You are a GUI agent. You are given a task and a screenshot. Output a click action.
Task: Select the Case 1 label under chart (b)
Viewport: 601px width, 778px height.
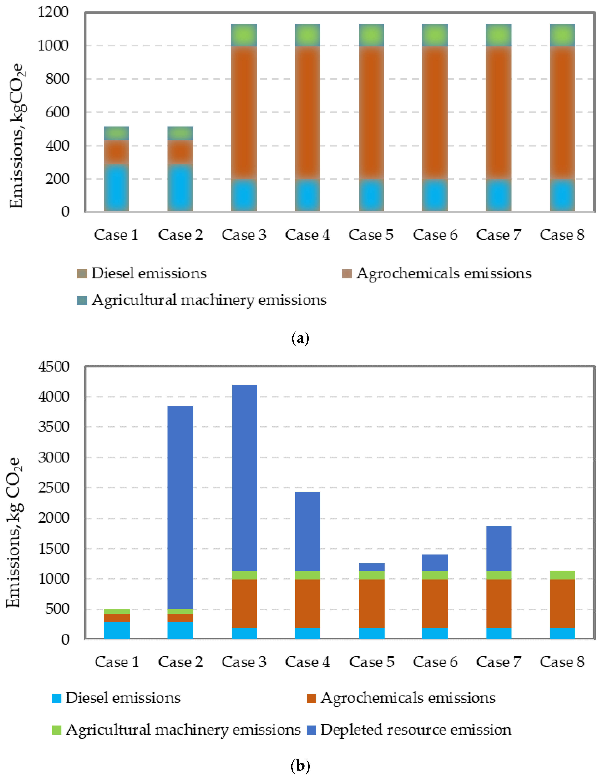pos(116,662)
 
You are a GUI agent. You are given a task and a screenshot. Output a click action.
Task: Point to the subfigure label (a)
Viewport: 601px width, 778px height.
pos(300,338)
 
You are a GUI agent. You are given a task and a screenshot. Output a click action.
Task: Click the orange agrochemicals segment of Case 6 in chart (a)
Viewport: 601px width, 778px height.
pos(435,112)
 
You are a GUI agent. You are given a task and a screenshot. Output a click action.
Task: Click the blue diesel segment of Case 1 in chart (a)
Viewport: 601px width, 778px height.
pos(116,187)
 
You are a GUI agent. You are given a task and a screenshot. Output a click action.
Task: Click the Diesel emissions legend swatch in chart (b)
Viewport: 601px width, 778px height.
pos(57,698)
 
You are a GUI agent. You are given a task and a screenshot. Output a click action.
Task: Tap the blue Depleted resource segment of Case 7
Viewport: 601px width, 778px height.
pos(498,549)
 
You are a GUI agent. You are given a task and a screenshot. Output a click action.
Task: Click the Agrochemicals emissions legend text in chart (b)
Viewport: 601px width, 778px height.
pos(408,698)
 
